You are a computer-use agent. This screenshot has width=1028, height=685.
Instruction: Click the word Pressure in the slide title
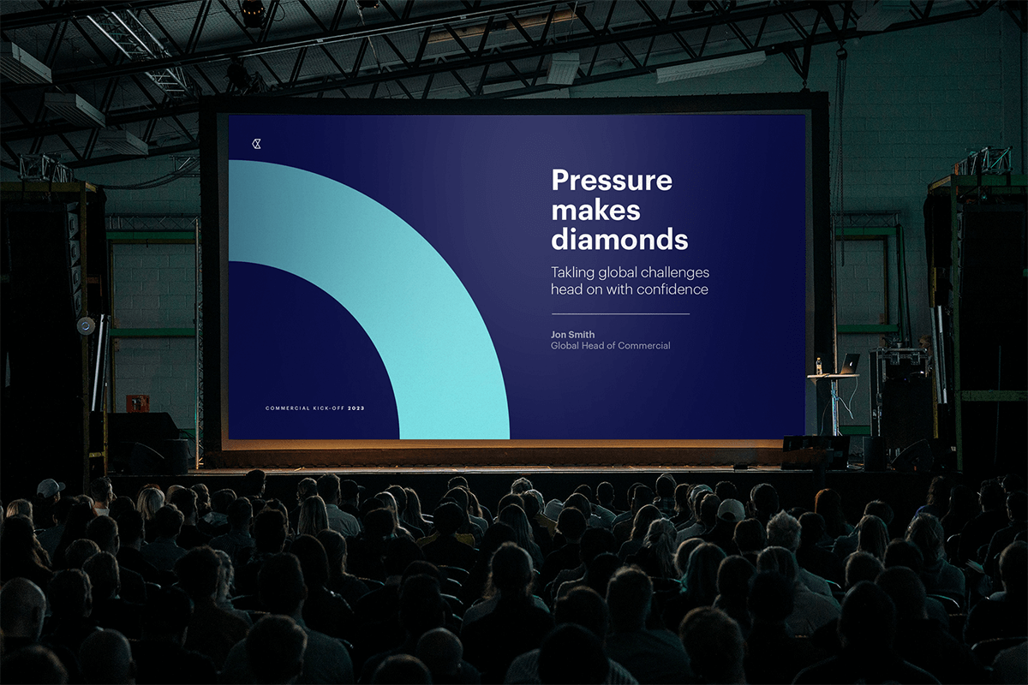tap(611, 182)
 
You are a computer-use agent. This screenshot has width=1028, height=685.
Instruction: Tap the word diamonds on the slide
tap(619, 239)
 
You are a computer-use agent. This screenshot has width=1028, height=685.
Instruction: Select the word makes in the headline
tap(595, 210)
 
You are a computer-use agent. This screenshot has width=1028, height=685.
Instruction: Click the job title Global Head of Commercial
tap(610, 346)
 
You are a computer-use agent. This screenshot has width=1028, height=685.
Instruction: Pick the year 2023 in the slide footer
tap(356, 408)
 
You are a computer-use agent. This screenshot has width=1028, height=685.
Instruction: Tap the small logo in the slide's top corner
tap(256, 144)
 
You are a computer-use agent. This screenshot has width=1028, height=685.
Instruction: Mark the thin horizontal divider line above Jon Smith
tap(619, 314)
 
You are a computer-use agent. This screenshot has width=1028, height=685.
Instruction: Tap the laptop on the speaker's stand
tap(849, 364)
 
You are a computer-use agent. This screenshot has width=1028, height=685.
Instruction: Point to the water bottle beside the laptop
tap(819, 366)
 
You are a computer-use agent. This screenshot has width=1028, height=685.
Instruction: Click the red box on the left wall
tap(137, 402)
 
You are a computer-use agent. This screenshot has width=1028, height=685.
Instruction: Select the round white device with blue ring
tap(86, 325)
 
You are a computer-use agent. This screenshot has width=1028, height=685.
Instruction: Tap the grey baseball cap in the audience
tap(50, 488)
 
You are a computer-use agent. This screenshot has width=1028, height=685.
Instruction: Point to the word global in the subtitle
tap(617, 273)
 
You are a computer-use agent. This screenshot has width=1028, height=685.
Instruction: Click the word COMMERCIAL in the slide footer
tap(287, 408)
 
